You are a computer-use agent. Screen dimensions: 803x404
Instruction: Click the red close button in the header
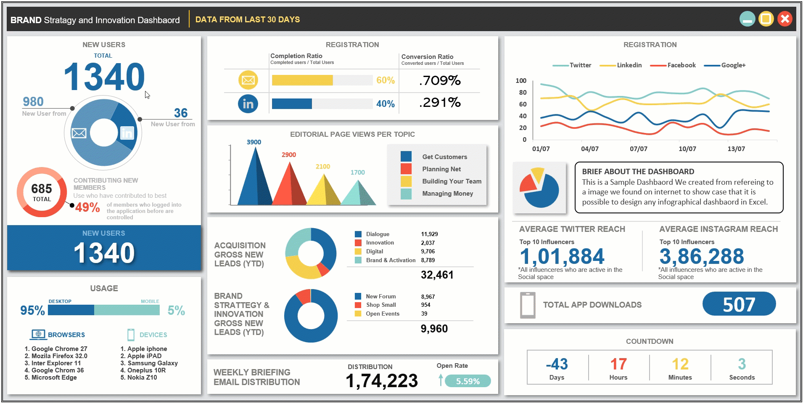tap(785, 19)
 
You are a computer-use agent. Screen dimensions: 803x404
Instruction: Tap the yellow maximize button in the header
tap(766, 19)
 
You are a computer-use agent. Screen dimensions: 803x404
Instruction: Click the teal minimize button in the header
tap(748, 19)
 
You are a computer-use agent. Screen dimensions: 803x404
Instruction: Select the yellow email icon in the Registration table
tap(248, 80)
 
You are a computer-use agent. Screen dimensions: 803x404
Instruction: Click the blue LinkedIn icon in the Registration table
tap(248, 104)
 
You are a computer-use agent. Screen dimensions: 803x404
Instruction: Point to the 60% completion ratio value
tap(386, 80)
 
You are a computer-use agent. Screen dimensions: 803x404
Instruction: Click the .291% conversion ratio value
tap(440, 102)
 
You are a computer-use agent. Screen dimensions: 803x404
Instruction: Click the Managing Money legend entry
tap(447, 194)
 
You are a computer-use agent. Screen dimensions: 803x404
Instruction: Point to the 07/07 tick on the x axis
tap(638, 149)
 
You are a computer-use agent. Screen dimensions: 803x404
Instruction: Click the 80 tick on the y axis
tap(523, 93)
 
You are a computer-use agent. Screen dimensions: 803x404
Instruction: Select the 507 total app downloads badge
tap(739, 304)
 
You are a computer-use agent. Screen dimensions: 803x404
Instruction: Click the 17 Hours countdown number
tap(618, 364)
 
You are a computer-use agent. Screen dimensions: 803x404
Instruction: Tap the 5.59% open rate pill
tap(468, 381)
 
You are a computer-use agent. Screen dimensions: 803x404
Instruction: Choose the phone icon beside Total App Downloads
tap(528, 305)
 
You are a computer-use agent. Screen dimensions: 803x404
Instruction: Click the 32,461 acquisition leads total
tap(437, 275)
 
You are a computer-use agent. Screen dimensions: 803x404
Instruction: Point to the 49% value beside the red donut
tap(87, 207)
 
